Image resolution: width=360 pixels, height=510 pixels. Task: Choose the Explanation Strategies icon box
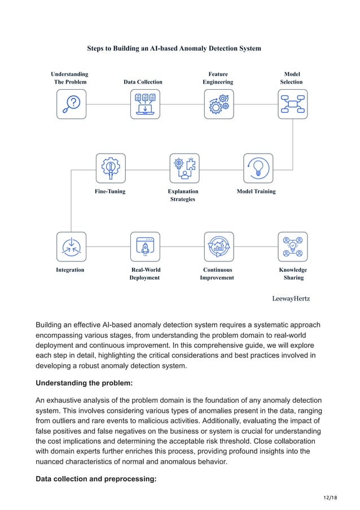pyautogui.click(x=184, y=168)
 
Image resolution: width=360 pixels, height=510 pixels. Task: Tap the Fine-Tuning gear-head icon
pyautogui.click(x=110, y=168)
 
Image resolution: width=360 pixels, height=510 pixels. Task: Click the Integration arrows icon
pyautogui.click(x=71, y=246)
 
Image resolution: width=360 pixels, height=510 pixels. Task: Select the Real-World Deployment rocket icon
pyautogui.click(x=145, y=246)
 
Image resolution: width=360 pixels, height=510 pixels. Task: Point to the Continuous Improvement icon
pyautogui.click(x=218, y=246)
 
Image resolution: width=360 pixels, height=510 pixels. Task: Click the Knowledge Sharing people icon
pyautogui.click(x=292, y=246)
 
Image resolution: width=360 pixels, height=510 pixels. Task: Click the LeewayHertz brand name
pyautogui.click(x=291, y=298)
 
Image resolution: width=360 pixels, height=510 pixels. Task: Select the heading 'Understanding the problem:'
pyautogui.click(x=84, y=383)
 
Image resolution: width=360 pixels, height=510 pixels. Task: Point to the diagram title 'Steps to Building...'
pyautogui.click(x=174, y=49)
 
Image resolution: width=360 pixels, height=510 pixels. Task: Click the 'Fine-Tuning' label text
pyautogui.click(x=110, y=191)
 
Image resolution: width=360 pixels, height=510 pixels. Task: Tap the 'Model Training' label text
pyautogui.click(x=256, y=191)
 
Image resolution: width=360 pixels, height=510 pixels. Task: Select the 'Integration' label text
pyautogui.click(x=70, y=270)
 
